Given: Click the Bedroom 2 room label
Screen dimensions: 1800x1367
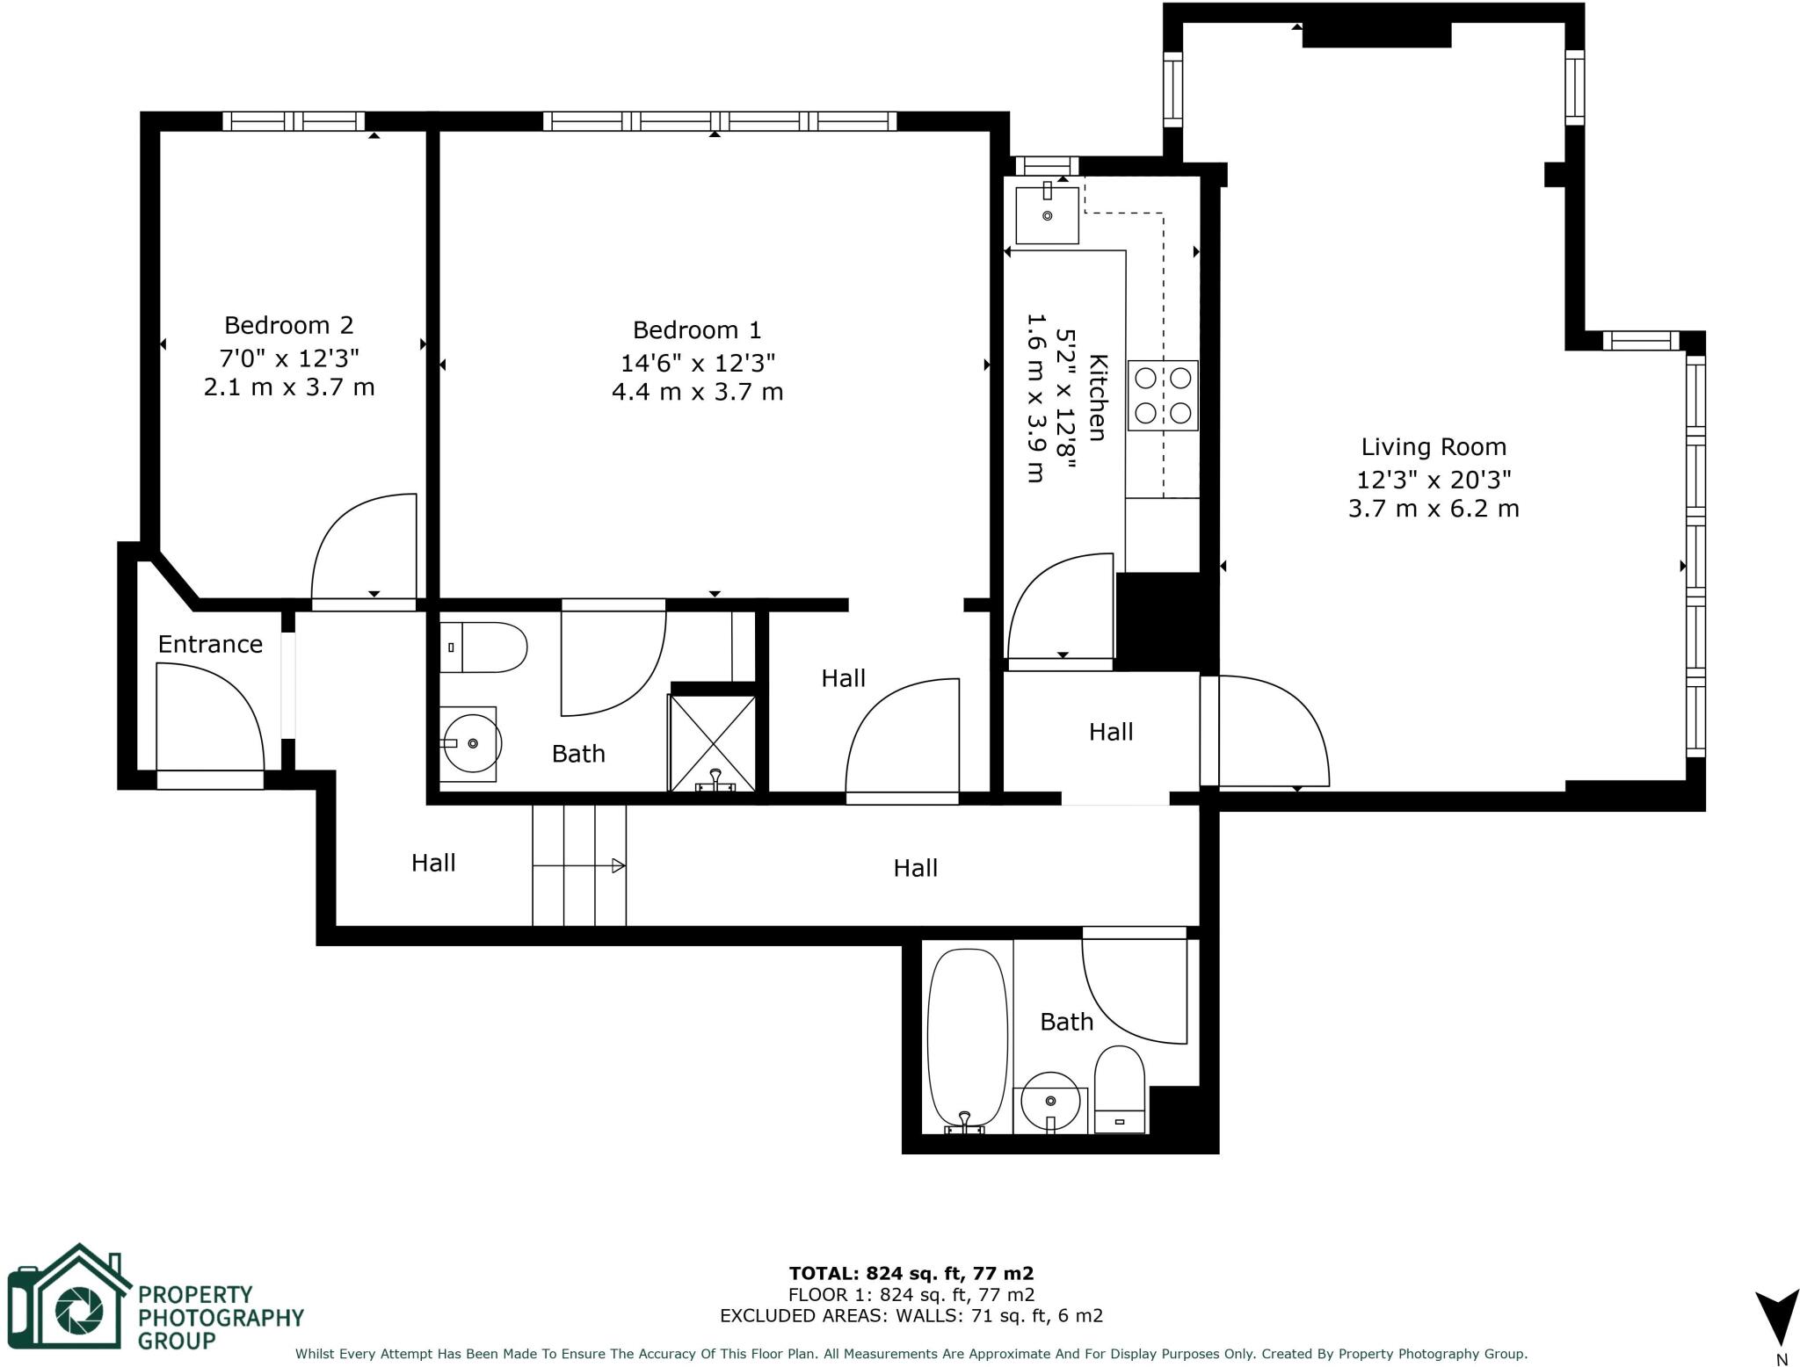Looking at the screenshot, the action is (288, 325).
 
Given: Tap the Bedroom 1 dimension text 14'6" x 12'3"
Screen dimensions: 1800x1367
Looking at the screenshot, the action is (698, 362).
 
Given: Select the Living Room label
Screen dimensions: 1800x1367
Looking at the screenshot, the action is (1433, 447).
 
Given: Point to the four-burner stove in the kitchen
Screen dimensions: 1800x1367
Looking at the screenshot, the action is (1163, 395).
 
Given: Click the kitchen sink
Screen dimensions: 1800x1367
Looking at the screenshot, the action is (1047, 214).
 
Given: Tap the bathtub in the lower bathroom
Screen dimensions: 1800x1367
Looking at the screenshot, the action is (967, 1040).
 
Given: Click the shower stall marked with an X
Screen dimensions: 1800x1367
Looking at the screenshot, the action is (713, 743).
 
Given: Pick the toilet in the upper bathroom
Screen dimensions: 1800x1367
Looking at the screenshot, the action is (483, 647).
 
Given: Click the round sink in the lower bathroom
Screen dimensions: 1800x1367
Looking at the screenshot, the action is (1050, 1101).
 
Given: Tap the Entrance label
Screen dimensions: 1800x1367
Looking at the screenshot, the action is (210, 645).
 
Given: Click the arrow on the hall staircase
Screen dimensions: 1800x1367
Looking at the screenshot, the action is (579, 865).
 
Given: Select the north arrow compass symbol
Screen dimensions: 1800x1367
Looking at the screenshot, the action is (1778, 1315).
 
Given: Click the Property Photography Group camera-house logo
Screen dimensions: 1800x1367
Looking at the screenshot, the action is (68, 1296).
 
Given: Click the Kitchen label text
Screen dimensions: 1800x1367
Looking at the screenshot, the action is (1098, 397).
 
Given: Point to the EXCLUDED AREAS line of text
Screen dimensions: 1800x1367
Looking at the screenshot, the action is (911, 1315).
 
